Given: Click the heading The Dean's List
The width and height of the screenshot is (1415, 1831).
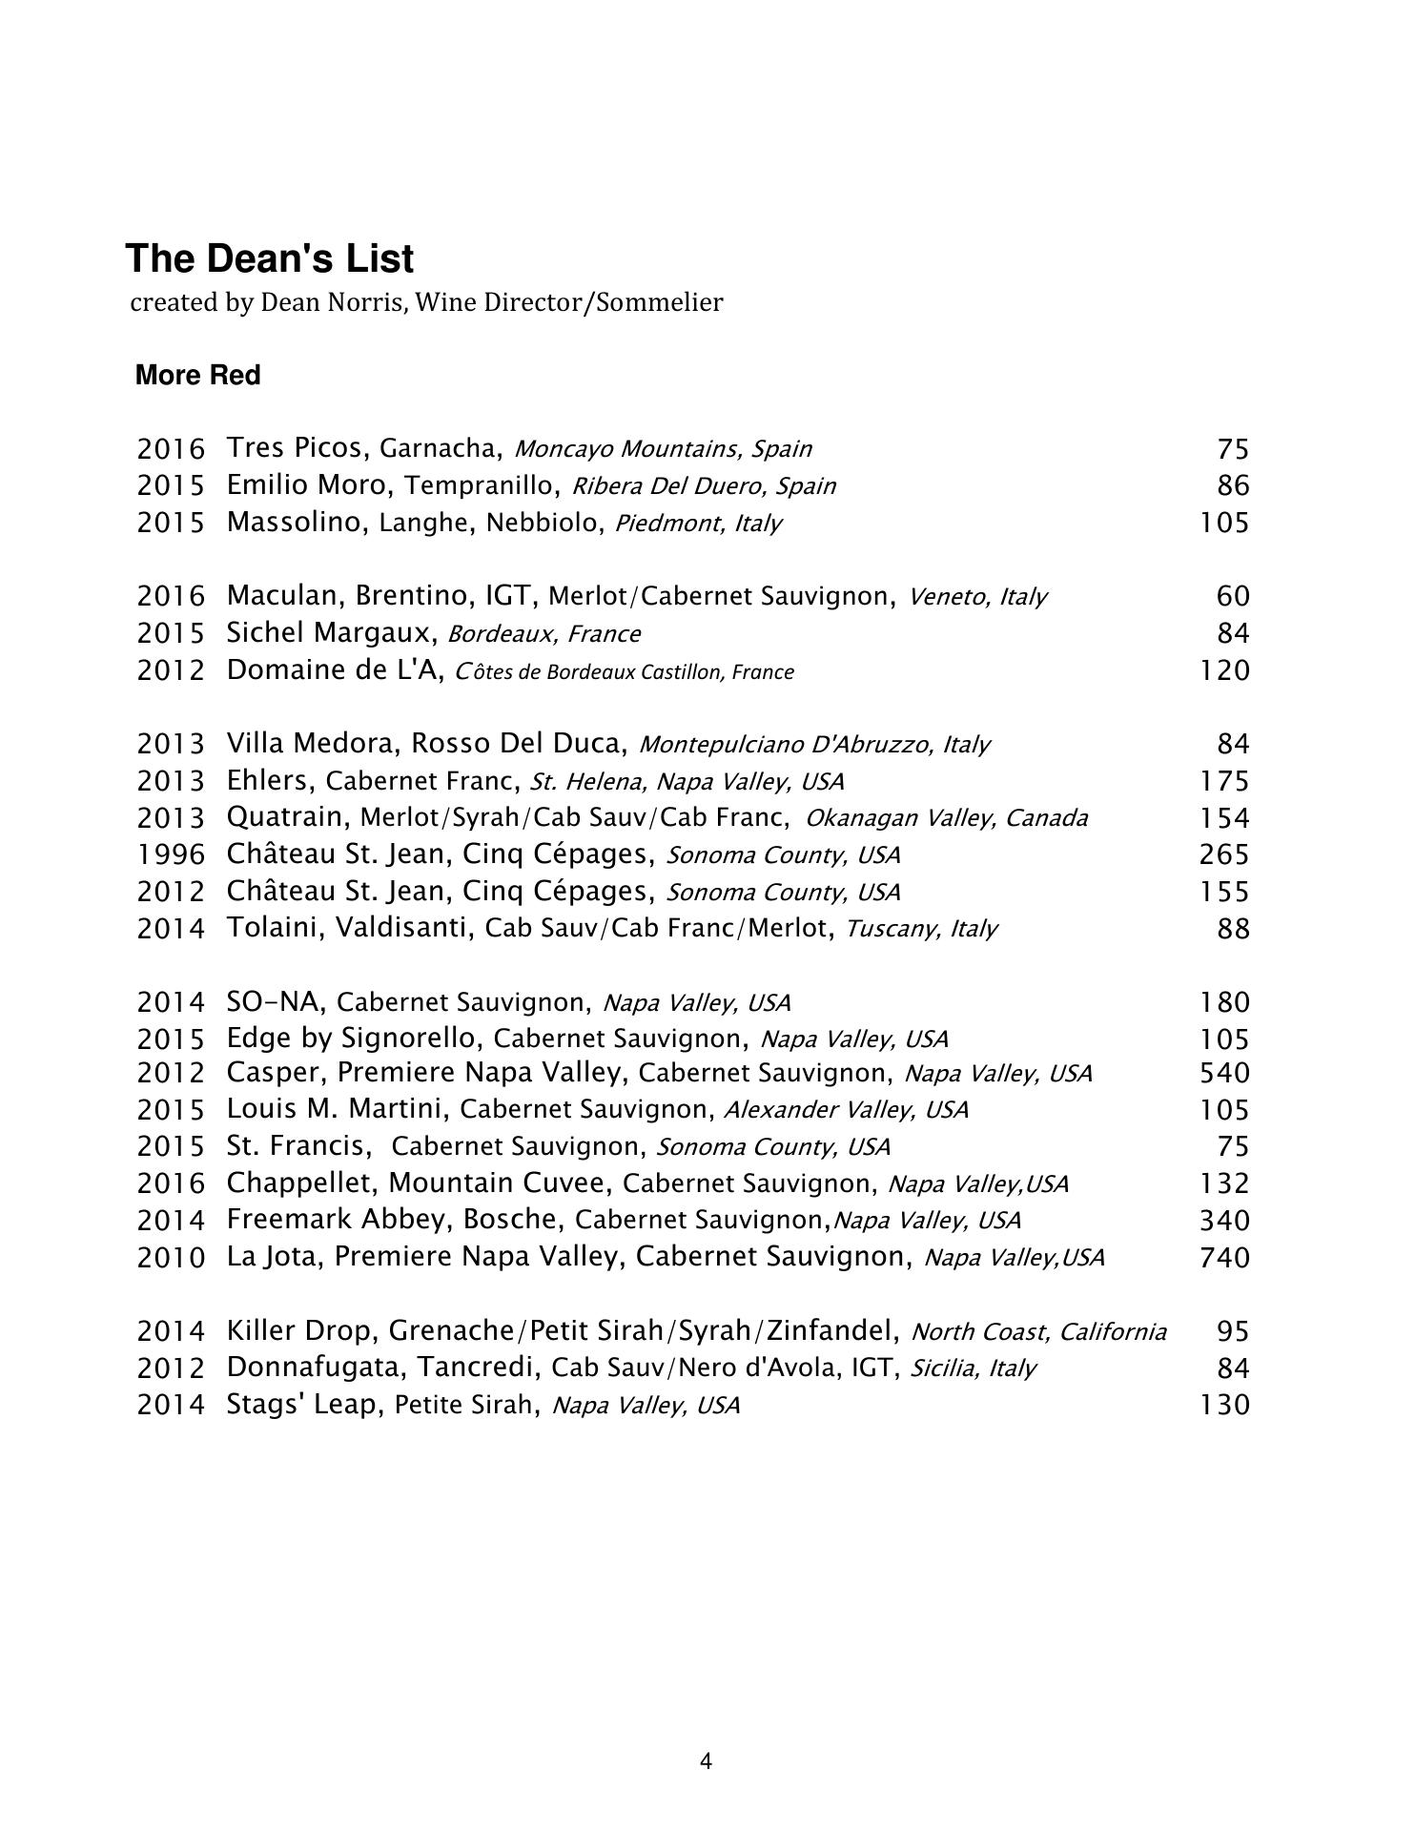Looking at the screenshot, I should pos(270,259).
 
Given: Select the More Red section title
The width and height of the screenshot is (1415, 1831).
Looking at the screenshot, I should pos(197,376).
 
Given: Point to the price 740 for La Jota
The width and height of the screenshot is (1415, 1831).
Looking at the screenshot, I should pos(1223,1258).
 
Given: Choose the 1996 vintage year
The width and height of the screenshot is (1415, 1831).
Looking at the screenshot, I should pos(171,854).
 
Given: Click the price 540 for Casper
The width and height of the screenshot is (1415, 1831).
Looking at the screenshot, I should pos(1223,1073).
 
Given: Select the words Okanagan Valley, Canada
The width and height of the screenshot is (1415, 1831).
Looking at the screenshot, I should pos(946,818).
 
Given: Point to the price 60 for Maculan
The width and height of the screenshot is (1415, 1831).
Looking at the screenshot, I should pos(1233,596).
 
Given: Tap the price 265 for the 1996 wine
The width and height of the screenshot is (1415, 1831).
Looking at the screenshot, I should pos(1223,854).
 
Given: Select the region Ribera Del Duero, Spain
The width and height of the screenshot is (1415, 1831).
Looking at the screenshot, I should pos(704,486).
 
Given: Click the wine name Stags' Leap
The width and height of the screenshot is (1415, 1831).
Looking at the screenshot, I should pos(302,1405).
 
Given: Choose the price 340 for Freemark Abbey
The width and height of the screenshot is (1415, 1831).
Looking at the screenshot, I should pos(1223,1221).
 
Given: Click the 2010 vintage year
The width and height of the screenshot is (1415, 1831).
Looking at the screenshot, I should pos(171,1258).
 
